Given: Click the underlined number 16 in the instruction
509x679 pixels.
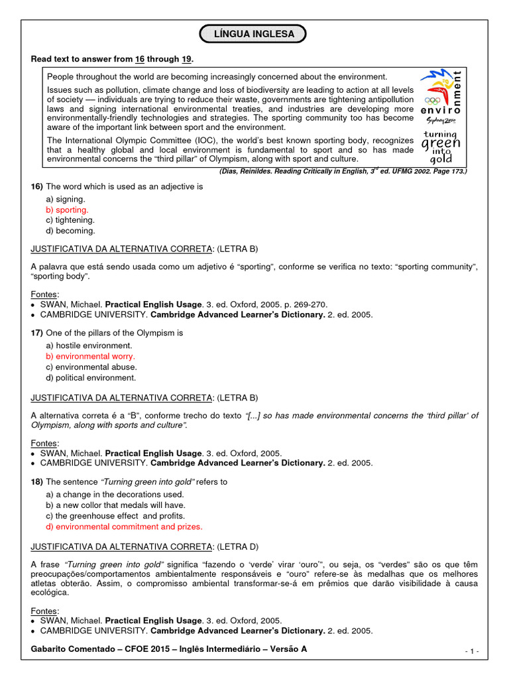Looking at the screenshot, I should coord(140,60).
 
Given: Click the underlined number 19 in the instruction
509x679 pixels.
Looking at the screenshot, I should coord(186,60).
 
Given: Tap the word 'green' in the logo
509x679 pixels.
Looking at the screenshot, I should coord(441,144).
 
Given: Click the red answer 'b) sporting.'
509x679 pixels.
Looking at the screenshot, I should coord(67,210).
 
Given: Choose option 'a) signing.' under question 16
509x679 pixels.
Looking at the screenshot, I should coord(65,199).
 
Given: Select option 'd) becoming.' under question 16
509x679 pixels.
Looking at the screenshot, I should coord(70,231).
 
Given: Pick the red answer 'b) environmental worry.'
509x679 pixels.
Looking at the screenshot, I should coord(90,357).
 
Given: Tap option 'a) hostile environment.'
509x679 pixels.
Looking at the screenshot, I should coord(89,346).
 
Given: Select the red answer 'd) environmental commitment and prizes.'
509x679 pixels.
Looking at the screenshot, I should coord(124,526).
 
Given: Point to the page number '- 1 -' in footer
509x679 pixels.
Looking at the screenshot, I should coord(472,652).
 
